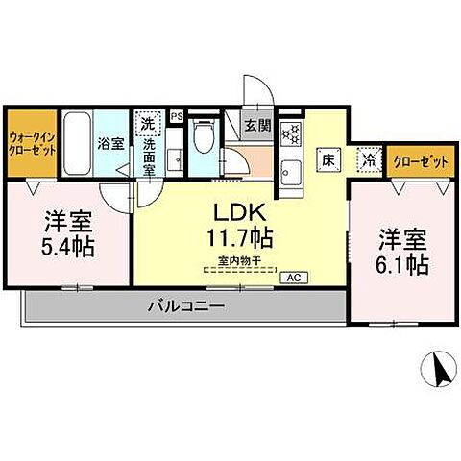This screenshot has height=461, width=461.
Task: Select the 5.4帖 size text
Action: pos(66,246)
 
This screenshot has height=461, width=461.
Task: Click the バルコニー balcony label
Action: pos(185,307)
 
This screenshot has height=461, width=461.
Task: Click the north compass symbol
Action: pos(438,369)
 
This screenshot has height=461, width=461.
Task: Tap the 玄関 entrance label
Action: pos(255,124)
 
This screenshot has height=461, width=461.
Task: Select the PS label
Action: pos(176,116)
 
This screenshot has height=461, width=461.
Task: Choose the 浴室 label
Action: pos(109,143)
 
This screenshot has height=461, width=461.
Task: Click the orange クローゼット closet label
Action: pos(421,161)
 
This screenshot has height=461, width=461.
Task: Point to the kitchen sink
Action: pos(291,174)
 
